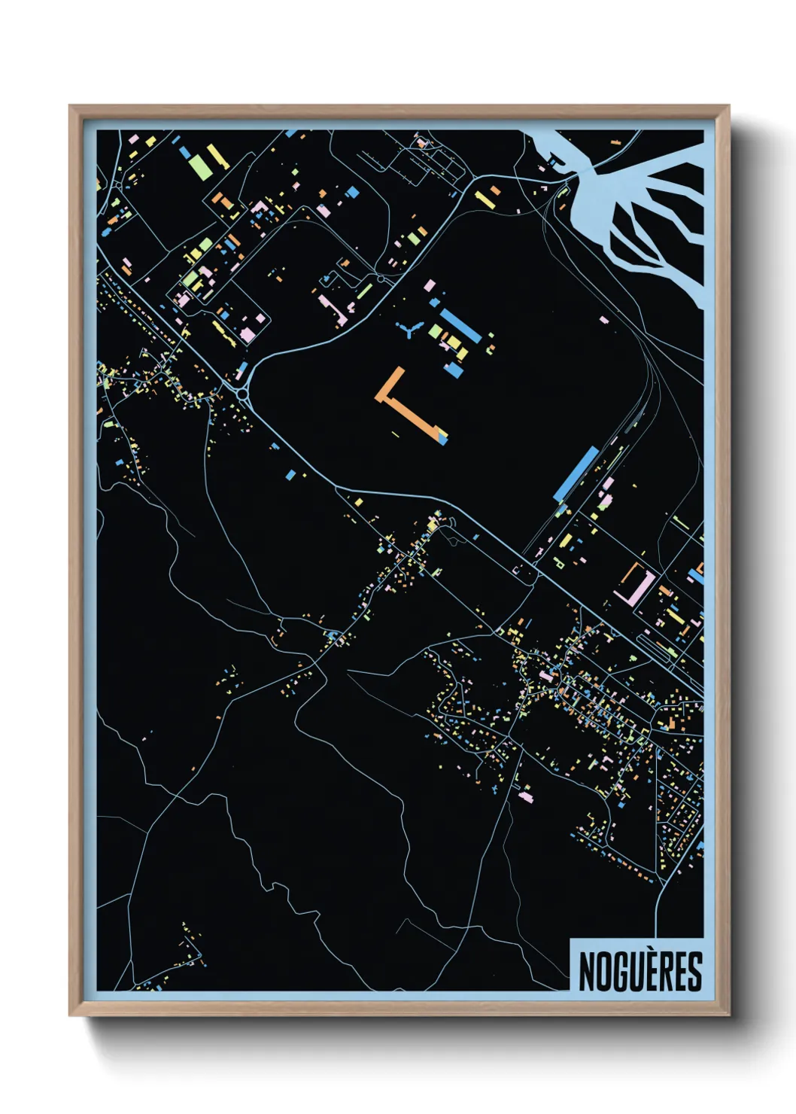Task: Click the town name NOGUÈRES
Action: (x=640, y=971)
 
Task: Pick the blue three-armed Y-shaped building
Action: (x=409, y=329)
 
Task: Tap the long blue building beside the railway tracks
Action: (x=576, y=473)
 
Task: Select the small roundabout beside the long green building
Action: (x=381, y=279)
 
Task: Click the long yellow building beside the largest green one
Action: (x=217, y=157)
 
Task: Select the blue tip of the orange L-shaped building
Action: (x=442, y=437)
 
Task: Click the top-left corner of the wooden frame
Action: (x=71, y=108)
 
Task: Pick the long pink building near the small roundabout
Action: (x=332, y=309)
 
